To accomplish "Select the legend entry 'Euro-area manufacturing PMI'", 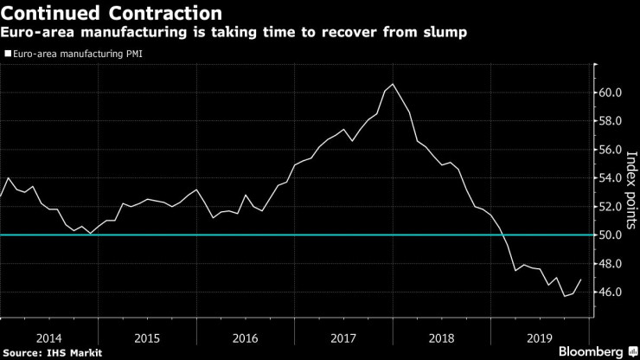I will [75, 54].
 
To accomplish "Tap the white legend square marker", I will [8, 54].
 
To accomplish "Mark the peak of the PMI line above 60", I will [394, 84].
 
